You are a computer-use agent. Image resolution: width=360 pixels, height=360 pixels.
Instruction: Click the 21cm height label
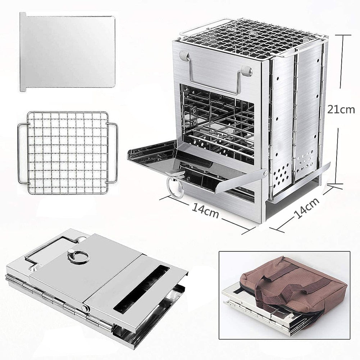(x=341, y=110)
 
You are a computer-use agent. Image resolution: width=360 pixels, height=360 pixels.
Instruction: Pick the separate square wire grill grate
(x=68, y=153)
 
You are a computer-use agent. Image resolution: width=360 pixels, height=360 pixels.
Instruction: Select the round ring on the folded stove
(x=78, y=256)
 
